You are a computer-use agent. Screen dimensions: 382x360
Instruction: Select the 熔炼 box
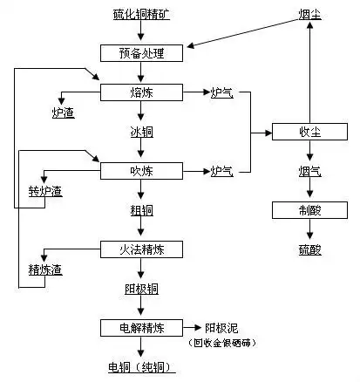pyautogui.click(x=140, y=92)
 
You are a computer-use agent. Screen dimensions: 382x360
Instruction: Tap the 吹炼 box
pyautogui.click(x=140, y=170)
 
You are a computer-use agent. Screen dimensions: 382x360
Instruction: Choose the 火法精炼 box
pyautogui.click(x=140, y=249)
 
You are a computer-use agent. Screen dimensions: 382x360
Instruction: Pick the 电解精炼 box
pyautogui.click(x=140, y=328)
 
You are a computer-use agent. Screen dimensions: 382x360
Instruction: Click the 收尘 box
pyautogui.click(x=310, y=132)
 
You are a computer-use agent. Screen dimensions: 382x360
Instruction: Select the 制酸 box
pyautogui.click(x=310, y=210)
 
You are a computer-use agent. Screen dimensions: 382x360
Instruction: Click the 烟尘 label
pyautogui.click(x=310, y=15)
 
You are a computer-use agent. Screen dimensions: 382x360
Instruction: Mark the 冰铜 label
pyautogui.click(x=140, y=132)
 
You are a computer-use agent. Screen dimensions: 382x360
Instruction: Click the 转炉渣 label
pyautogui.click(x=45, y=191)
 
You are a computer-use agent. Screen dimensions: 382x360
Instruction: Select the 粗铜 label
pyautogui.click(x=140, y=210)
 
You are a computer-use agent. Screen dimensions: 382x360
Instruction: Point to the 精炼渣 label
pyautogui.click(x=45, y=269)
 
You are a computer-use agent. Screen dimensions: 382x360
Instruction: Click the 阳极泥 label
pyautogui.click(x=221, y=328)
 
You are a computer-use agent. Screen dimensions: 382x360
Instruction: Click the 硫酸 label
pyautogui.click(x=310, y=249)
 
